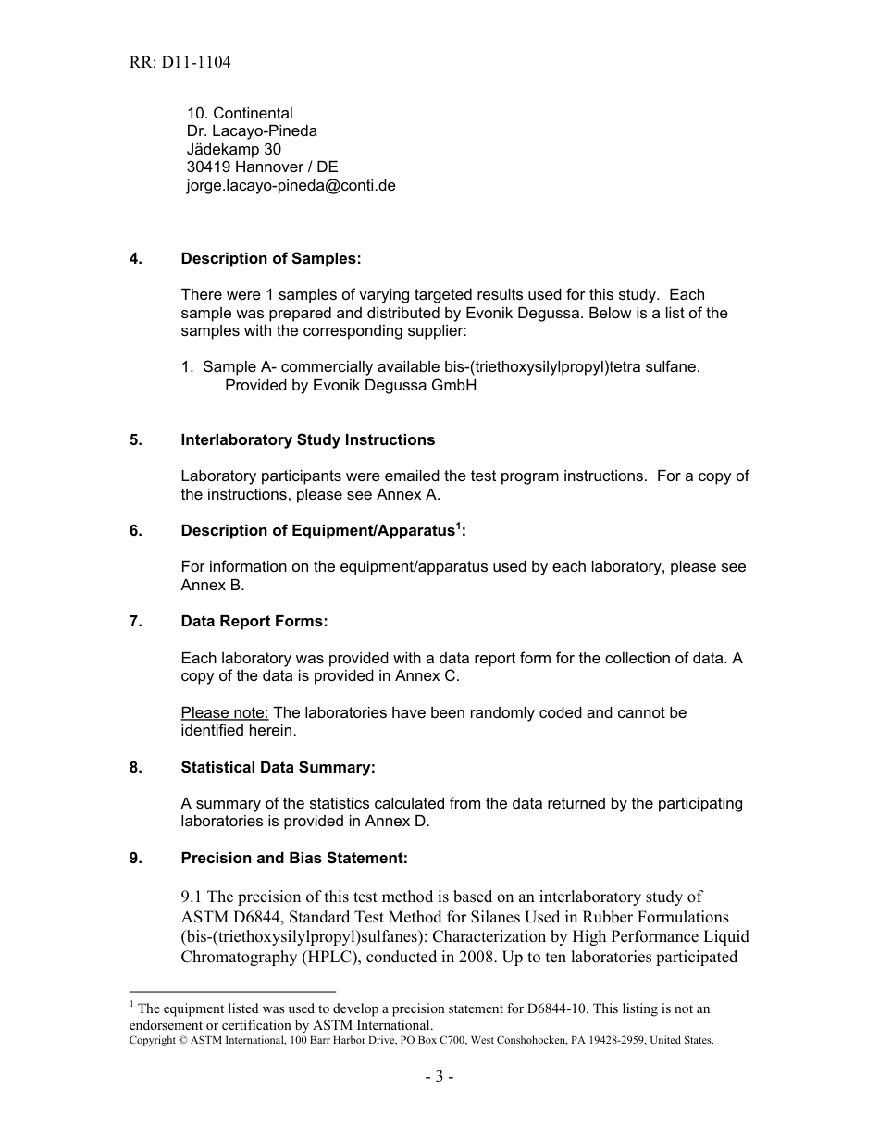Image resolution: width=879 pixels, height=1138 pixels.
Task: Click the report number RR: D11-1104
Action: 180,63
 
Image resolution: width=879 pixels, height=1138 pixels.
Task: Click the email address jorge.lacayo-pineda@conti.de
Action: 291,185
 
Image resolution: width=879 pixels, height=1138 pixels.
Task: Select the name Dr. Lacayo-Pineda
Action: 252,131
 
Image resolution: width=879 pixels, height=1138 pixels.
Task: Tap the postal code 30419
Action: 208,167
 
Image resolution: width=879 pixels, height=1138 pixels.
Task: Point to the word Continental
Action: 253,114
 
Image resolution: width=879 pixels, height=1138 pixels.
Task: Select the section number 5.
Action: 136,439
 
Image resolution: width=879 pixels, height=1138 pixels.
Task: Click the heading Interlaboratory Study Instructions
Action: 307,439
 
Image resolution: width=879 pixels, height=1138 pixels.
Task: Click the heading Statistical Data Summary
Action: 279,767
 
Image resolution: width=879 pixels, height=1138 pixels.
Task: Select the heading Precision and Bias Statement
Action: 294,858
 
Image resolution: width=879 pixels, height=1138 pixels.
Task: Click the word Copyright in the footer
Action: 153,1040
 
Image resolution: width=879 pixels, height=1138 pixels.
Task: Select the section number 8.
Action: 136,767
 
